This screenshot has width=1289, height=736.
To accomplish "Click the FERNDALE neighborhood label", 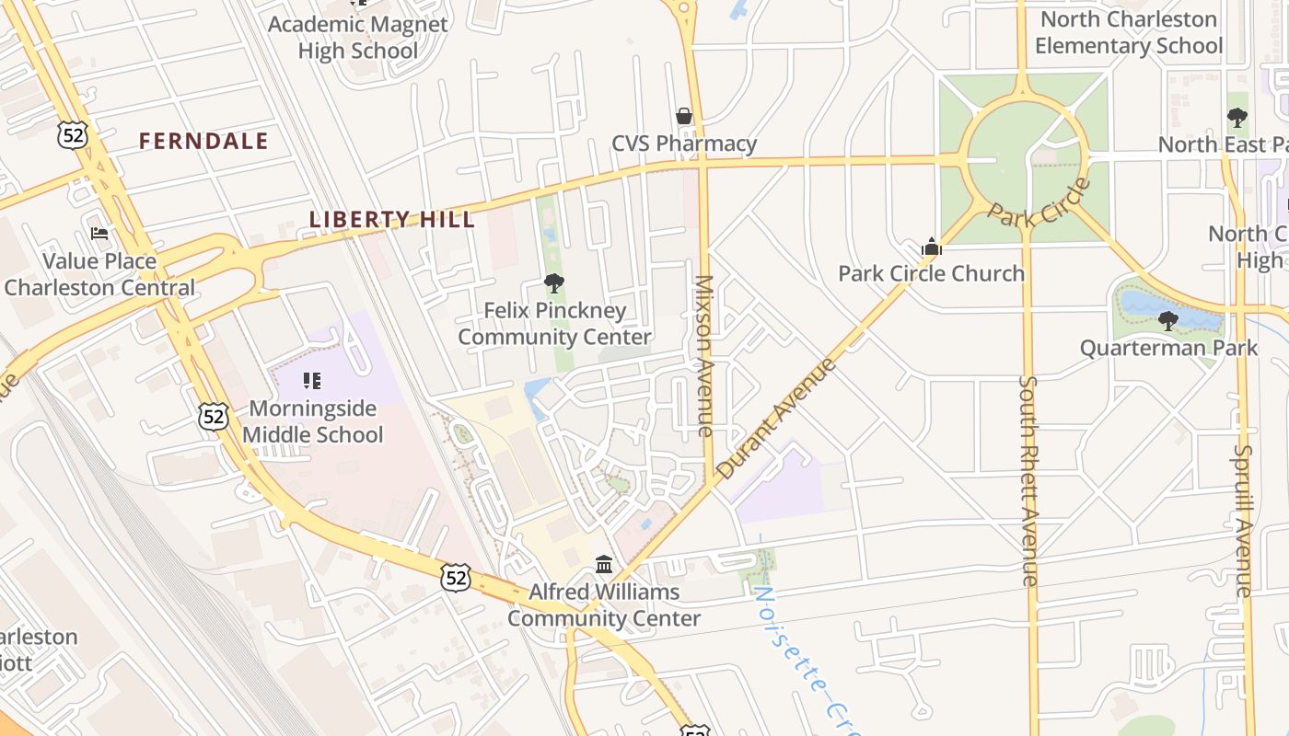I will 203,141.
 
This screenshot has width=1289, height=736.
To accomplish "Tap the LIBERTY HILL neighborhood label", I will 392,220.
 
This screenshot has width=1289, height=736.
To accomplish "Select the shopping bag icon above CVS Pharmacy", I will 684,116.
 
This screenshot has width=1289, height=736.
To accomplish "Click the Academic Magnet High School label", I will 358,37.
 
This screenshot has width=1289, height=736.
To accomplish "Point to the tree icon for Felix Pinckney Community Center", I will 553,283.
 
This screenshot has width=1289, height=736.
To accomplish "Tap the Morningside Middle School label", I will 313,421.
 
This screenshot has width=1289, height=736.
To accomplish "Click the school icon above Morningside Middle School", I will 312,380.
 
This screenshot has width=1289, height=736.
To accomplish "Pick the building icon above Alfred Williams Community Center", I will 604,564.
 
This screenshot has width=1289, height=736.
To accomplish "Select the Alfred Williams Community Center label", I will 604,604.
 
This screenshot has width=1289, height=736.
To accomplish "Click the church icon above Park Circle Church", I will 932,247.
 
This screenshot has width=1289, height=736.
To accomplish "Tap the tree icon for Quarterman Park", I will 1168,321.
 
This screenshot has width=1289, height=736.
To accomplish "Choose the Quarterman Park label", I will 1168,348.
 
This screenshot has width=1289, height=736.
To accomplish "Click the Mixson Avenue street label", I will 704,355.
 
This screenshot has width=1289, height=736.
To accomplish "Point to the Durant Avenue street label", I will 776,418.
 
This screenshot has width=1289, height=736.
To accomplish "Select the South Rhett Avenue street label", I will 1029,480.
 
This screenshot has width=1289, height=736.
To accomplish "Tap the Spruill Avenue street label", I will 1244,520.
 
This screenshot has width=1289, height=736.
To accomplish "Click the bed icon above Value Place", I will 99,234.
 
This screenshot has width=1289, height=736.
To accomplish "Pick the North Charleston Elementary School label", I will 1129,32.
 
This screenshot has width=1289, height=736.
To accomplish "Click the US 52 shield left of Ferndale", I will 71,135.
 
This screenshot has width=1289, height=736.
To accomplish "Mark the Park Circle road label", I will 1039,203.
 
